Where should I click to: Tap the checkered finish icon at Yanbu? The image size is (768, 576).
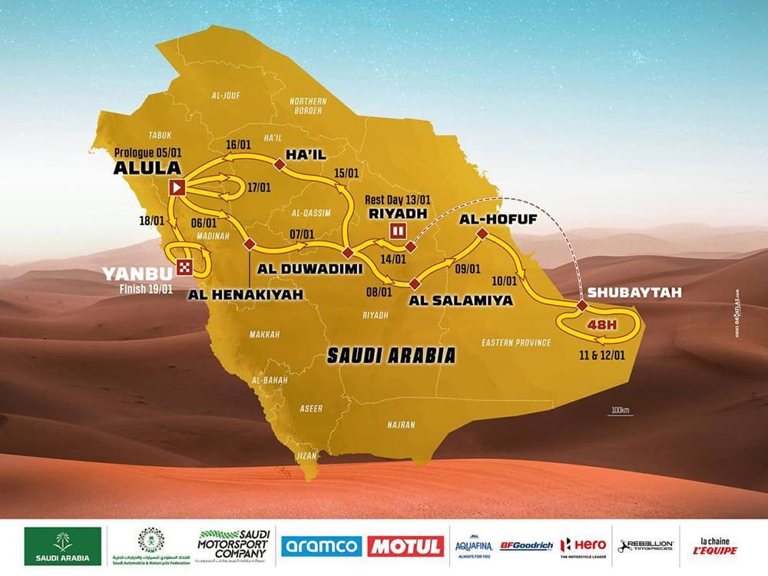pos(185,266)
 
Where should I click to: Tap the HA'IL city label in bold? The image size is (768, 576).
pos(305,154)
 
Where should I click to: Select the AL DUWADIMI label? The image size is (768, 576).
pos(306,269)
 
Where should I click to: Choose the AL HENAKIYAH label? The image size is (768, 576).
pos(250,294)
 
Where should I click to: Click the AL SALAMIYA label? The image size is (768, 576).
pos(460,300)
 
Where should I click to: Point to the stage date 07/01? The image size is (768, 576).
pos(303,233)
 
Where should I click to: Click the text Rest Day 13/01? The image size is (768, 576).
pos(398,199)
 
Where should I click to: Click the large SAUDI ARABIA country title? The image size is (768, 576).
pos(391,356)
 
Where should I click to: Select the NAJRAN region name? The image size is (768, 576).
pos(401,425)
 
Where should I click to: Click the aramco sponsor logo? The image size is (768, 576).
pos(321,546)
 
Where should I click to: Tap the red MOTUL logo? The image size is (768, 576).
pos(406,546)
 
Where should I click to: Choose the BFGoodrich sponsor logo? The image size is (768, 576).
pos(526,546)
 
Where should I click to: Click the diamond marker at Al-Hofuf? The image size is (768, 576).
pos(482,233)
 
